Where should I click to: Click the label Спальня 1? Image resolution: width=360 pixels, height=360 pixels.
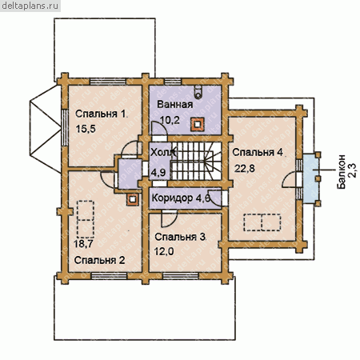click(x=100, y=114)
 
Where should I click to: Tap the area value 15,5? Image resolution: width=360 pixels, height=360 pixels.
click(x=86, y=129)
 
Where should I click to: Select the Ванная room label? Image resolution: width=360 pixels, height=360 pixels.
click(x=175, y=104)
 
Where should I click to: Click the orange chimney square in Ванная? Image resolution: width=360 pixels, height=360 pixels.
click(x=198, y=125)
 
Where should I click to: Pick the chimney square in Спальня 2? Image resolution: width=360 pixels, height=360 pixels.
click(x=133, y=199)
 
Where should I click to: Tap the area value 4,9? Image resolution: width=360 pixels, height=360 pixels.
click(x=158, y=173)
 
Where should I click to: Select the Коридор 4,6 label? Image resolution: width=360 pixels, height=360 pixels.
click(x=181, y=198)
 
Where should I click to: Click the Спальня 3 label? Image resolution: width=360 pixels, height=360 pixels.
click(x=180, y=237)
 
